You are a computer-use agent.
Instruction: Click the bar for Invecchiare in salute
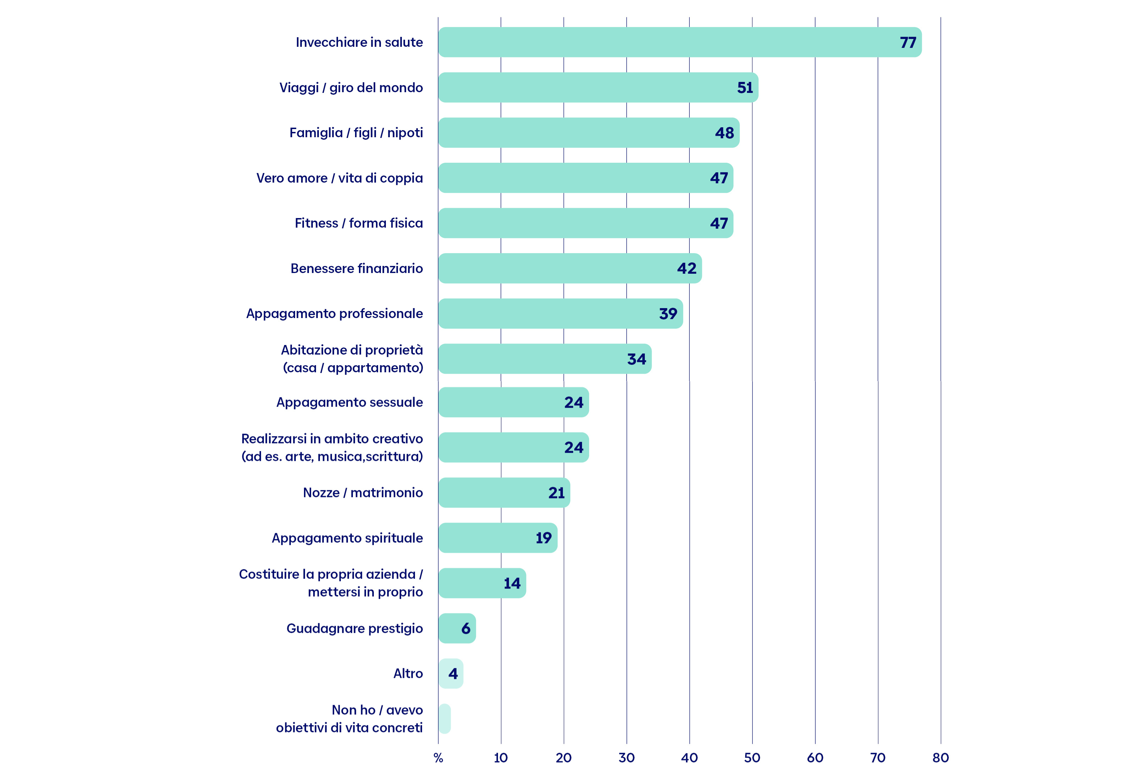coord(680,42)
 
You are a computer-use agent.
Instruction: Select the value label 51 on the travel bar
coord(745,88)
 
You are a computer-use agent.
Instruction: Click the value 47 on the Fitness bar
coord(719,223)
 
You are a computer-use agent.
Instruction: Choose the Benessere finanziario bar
coord(570,268)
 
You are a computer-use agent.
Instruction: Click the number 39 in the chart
coord(668,313)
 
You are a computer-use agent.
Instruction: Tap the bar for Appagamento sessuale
coord(513,402)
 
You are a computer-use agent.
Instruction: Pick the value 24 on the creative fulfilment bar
coord(574,447)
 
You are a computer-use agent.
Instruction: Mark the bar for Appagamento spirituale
coord(498,538)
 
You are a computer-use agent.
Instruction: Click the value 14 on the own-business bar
coord(512,583)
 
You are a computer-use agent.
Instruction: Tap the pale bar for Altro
coord(450,673)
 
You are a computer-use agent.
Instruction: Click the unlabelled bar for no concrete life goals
coord(444,718)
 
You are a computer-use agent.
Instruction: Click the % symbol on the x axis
coord(438,758)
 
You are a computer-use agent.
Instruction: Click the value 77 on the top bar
coord(908,43)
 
